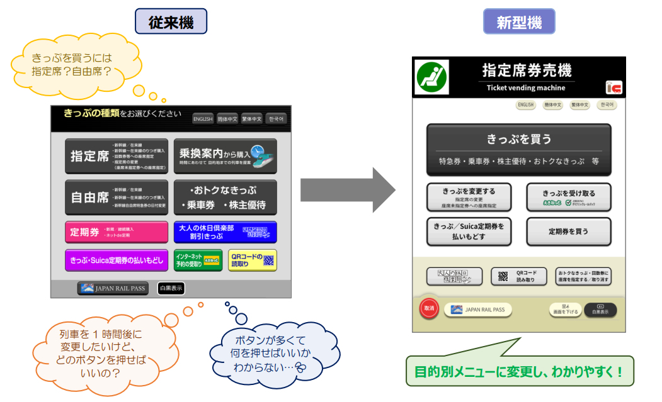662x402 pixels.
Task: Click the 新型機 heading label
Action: point(519,22)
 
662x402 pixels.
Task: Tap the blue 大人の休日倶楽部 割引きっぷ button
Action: point(225,232)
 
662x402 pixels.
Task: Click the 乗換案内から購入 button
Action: point(225,156)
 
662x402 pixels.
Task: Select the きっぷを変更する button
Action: point(469,197)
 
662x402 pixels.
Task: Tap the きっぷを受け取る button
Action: point(569,197)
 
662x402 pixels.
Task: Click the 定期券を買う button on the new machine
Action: point(569,232)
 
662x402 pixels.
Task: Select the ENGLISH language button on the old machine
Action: point(202,119)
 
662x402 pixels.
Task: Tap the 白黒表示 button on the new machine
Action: point(600,310)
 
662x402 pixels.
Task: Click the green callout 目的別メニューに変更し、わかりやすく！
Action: point(519,372)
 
